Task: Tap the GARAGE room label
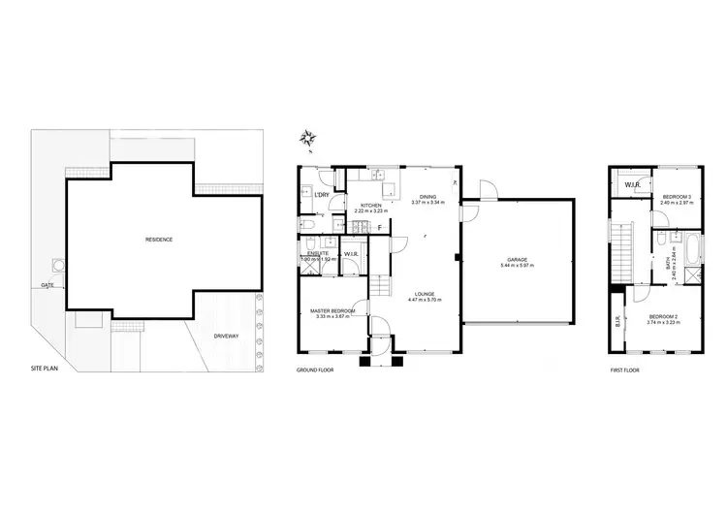pyautogui.click(x=518, y=259)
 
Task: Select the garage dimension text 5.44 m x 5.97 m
pyautogui.click(x=518, y=266)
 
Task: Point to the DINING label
pyautogui.click(x=427, y=197)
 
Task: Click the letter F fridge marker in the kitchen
pyautogui.click(x=379, y=228)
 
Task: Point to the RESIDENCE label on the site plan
pyautogui.click(x=159, y=240)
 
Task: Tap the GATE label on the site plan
pyautogui.click(x=47, y=285)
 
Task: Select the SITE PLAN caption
pyautogui.click(x=45, y=370)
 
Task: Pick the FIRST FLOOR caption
pyautogui.click(x=625, y=370)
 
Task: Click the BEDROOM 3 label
pyautogui.click(x=675, y=197)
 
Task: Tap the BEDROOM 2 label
pyautogui.click(x=663, y=316)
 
